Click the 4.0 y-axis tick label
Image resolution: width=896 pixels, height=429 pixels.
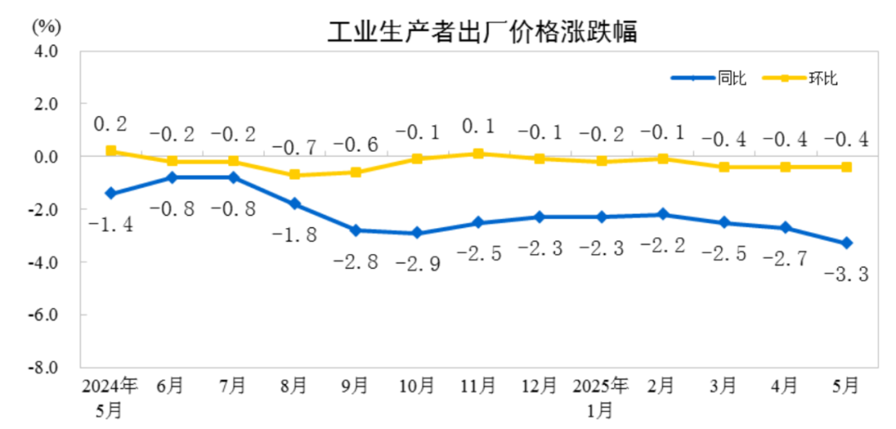[x=46, y=51]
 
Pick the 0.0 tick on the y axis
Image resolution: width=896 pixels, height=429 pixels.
[x=46, y=157]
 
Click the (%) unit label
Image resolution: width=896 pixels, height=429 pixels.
[x=46, y=26]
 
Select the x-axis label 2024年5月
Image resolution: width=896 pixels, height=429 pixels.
[x=110, y=396]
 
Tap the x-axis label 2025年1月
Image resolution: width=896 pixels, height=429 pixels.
[x=601, y=396]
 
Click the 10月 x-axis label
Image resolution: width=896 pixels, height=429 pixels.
[x=416, y=386]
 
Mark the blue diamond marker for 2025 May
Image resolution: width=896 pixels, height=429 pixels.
[x=846, y=243]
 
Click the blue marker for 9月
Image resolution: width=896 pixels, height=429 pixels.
[x=355, y=230]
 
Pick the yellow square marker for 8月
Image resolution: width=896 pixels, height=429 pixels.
[x=295, y=175]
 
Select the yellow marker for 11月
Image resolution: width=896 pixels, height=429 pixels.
[x=478, y=154]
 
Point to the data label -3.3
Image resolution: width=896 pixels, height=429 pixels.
[x=846, y=275]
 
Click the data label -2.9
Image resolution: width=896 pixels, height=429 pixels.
[x=417, y=264]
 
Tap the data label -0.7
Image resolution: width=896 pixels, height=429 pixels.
[x=295, y=148]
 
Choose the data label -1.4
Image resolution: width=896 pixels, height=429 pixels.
[x=110, y=224]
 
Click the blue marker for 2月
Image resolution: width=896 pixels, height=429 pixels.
[x=662, y=214]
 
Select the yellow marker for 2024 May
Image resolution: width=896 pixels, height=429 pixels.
[x=110, y=151]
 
